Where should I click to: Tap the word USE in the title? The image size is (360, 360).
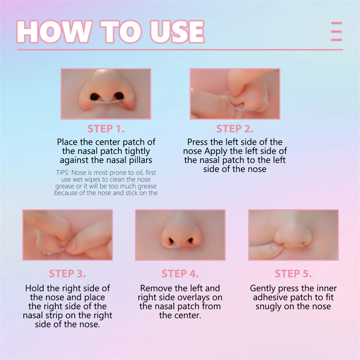[177, 31]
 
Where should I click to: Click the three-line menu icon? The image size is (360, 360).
[336, 31]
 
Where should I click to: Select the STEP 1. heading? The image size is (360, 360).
[106, 129]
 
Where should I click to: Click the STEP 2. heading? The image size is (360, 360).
[234, 129]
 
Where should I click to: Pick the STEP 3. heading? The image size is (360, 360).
[67, 274]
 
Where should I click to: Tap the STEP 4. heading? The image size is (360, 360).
[180, 274]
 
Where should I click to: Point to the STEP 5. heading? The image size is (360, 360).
[293, 274]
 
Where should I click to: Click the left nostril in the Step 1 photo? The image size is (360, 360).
[94, 97]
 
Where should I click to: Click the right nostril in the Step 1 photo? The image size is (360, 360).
[119, 96]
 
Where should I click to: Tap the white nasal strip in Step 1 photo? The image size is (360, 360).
[108, 100]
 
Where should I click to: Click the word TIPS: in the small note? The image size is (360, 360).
[63, 172]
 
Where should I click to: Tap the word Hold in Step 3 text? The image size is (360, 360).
[35, 288]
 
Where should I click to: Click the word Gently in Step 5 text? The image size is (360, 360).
[262, 288]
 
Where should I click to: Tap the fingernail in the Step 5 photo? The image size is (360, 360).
[277, 248]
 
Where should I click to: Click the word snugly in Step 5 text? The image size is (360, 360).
[268, 307]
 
